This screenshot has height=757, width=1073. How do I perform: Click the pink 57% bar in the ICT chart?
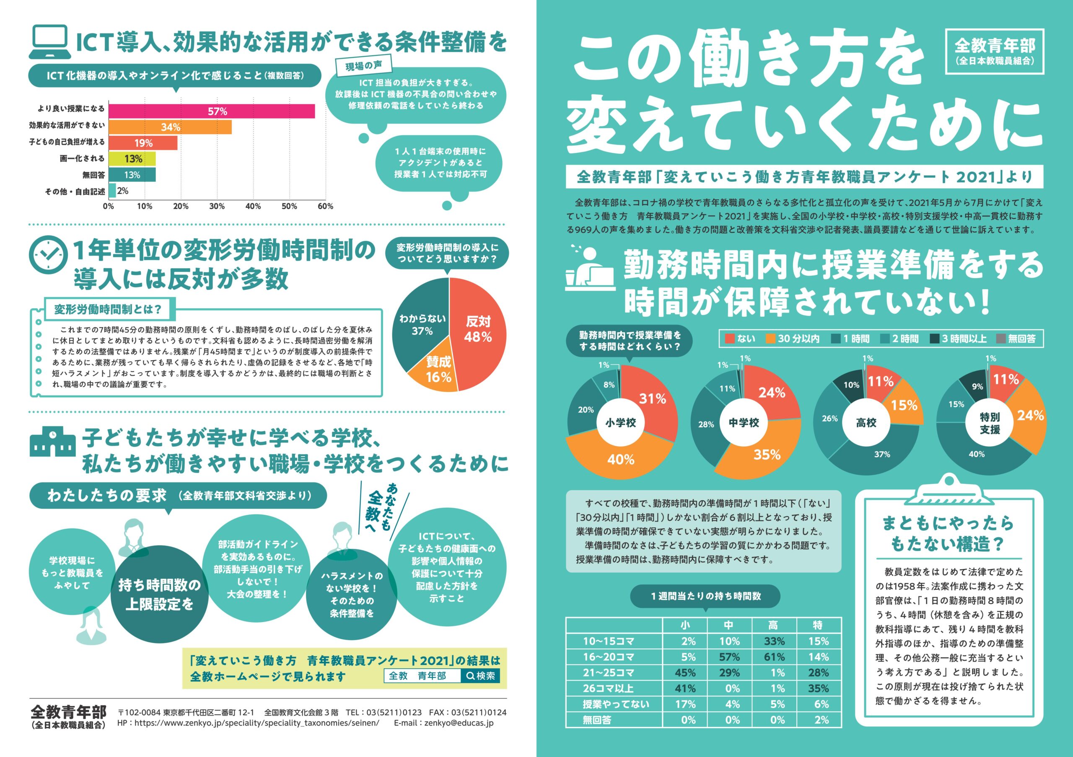coord(212,111)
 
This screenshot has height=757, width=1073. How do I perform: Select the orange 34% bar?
coord(170,127)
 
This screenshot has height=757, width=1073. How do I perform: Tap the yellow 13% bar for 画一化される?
coord(132,159)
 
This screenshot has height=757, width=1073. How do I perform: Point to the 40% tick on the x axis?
coord(253,206)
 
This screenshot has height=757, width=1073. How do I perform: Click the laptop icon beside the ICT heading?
coord(49,42)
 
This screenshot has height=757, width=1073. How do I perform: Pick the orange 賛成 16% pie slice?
coord(435,369)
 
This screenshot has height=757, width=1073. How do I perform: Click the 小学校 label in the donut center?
coord(621,423)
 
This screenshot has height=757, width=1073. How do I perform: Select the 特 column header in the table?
coord(818,625)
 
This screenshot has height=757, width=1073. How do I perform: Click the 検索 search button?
coord(481,676)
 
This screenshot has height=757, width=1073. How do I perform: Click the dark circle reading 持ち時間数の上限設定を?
coord(159,594)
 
